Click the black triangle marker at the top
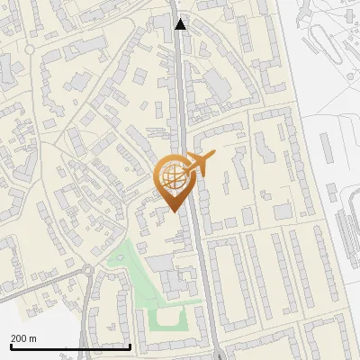coord(181,24)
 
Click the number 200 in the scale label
coord(19,338)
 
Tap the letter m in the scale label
coord(33,338)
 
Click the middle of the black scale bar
coord(70,346)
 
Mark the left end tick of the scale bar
coord(10,346)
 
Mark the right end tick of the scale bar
coord(130,346)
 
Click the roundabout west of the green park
coord(89,270)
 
